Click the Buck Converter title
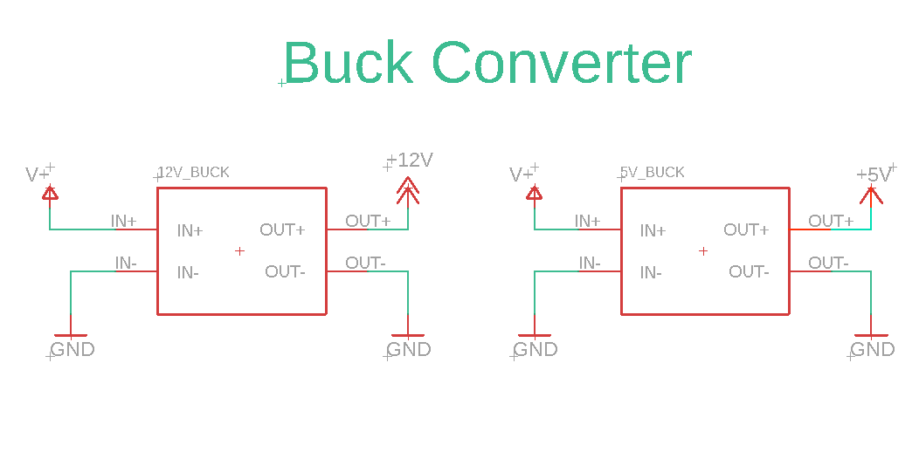point(487,63)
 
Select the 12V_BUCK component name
point(194,172)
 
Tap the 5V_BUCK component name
point(653,172)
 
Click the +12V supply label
point(410,160)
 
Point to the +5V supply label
point(874,174)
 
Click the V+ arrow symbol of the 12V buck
point(51,193)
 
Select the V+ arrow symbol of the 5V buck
point(534,193)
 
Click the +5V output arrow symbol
point(871,193)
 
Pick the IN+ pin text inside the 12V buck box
point(190,230)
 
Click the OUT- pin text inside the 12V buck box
point(285,271)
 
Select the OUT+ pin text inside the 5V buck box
point(746,229)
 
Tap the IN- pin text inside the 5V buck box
point(651,272)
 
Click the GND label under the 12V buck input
point(73,349)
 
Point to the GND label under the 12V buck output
point(409,349)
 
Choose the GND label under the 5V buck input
point(536,349)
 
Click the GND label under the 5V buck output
point(873,349)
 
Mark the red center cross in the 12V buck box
point(240,250)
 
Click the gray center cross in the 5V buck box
point(703,250)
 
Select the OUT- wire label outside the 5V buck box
point(828,263)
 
